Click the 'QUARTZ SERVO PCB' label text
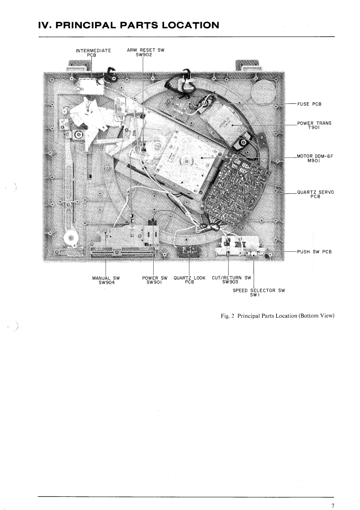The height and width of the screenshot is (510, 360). click(x=315, y=195)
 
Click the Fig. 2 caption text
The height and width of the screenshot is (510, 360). click(x=275, y=316)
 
